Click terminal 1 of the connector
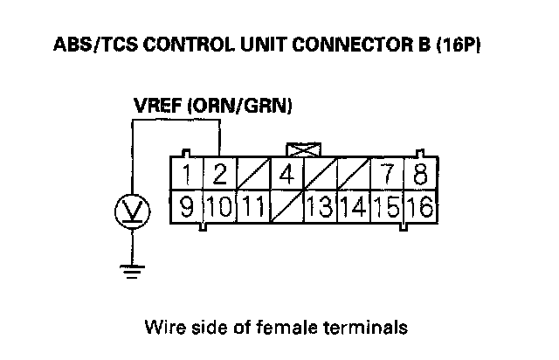coord(189,173)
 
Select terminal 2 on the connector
coord(220,173)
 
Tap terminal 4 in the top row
coord(286,173)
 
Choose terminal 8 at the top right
coord(420,173)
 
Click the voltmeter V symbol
coord(133,210)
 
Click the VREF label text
coord(156,106)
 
